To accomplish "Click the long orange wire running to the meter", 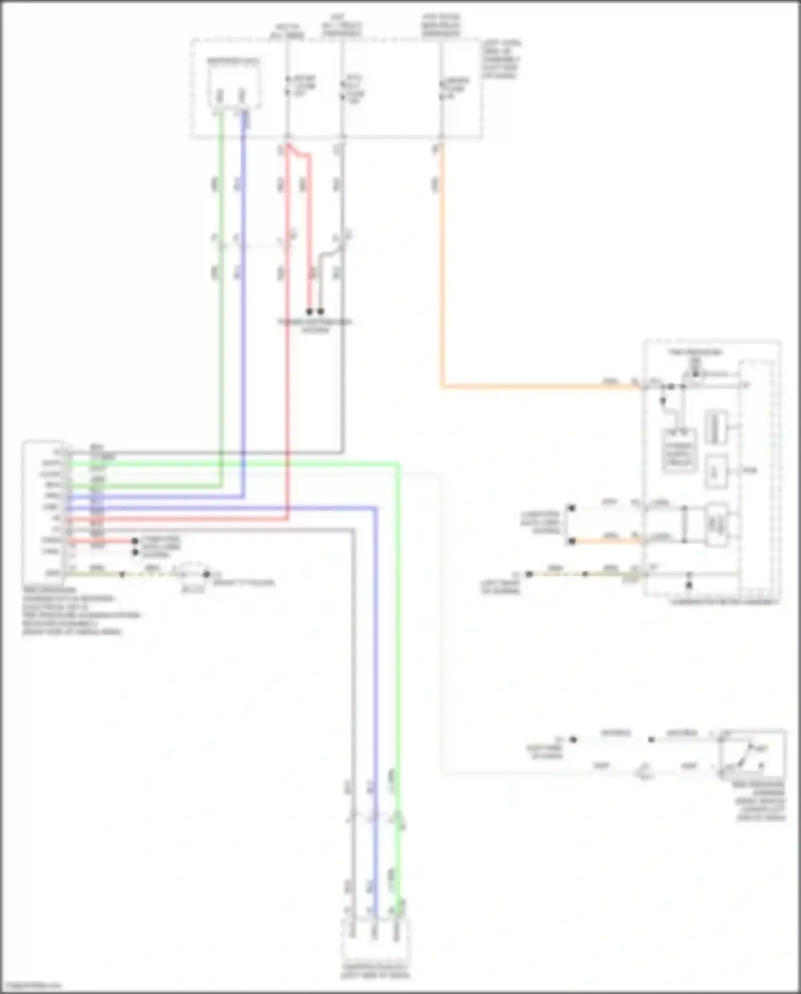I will [x=534, y=386].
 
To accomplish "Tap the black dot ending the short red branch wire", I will [x=309, y=311].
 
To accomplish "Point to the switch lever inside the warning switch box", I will [x=744, y=754].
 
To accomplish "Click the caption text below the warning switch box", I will [x=760, y=801].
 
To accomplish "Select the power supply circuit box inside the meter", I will [x=679, y=450].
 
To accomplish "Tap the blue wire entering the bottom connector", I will [x=374, y=908].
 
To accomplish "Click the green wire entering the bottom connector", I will [x=397, y=908].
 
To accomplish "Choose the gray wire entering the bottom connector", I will [x=352, y=908].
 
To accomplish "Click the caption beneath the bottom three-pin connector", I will [x=375, y=972].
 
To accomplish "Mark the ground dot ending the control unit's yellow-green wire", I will [x=206, y=574].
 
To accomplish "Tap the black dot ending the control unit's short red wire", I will [x=135, y=541].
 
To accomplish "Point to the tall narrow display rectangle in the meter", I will [x=716, y=426].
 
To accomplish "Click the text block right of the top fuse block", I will [x=501, y=59].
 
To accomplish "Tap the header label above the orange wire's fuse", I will [x=441, y=26].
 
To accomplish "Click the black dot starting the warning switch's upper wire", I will [x=573, y=740].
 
